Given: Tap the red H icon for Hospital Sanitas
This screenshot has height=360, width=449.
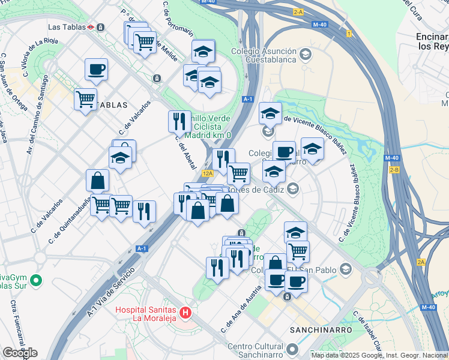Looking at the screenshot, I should coord(185,313).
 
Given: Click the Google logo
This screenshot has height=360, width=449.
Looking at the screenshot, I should coord(20,353).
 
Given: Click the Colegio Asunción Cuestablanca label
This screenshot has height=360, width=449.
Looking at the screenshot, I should coord(262,55).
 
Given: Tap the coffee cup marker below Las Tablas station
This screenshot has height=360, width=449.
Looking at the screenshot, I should coord(96,70).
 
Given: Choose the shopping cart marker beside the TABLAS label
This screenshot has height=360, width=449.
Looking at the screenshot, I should coord(85,98).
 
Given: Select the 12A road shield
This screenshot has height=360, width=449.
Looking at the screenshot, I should coord(208,173).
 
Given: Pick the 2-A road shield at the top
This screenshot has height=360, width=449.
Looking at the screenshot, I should coord(298,11).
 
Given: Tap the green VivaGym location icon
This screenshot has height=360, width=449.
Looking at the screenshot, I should coord(35,280).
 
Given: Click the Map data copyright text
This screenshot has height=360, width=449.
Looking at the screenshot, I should coord(379,355).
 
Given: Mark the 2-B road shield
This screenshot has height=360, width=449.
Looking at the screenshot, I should coord(394,170).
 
